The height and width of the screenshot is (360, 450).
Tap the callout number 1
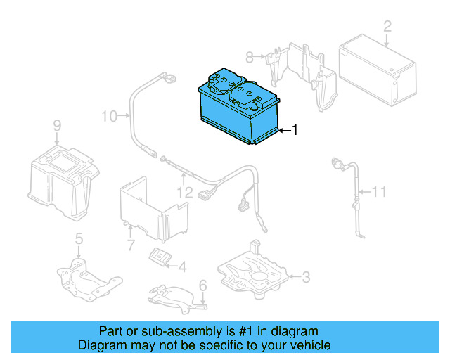tap(295, 130)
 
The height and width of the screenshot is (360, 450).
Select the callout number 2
tap(387, 27)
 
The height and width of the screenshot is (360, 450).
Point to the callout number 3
tap(306, 278)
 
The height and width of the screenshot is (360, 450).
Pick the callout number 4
tap(182, 267)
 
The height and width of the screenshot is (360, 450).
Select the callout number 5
tap(79, 238)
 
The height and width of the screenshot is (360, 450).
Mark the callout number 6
tap(202, 285)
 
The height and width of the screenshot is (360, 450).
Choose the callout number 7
tap(130, 245)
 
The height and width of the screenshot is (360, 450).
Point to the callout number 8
tap(248, 56)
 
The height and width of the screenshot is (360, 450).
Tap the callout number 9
tap(57, 126)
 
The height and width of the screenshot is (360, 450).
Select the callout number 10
tap(109, 115)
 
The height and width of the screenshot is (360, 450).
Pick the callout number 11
tap(379, 191)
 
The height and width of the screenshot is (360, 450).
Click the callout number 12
tap(184, 191)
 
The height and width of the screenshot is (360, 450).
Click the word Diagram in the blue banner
tap(100, 345)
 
